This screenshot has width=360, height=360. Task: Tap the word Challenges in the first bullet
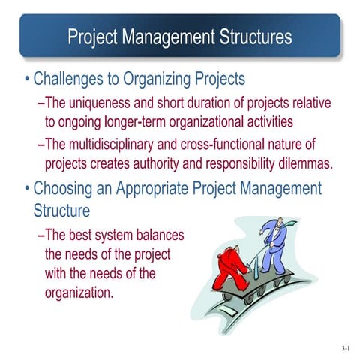[x=75, y=78]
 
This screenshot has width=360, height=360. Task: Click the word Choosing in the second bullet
[x=67, y=187]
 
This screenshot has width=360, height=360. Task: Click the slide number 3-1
[x=344, y=348]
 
